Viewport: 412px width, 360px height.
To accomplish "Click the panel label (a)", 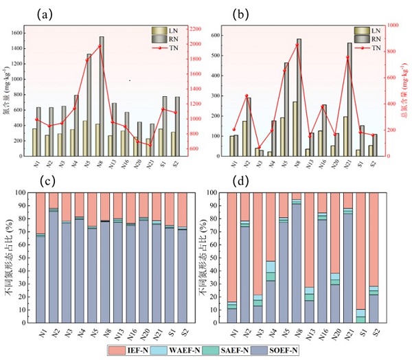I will pos(53,13).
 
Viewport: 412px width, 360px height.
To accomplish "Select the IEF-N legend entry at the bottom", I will pos(126,350).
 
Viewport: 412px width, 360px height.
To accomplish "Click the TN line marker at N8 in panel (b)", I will pos(297,45).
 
